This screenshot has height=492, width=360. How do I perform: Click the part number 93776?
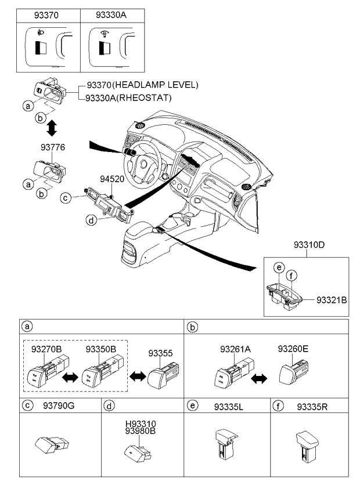point(53,148)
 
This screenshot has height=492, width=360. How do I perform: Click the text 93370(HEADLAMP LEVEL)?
point(142,85)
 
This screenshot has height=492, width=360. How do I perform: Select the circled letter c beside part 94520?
point(66,198)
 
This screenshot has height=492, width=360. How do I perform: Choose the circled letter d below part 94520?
point(91,219)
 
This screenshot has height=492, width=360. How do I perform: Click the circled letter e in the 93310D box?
point(279,267)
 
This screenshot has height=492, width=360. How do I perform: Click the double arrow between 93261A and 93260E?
point(259,378)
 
